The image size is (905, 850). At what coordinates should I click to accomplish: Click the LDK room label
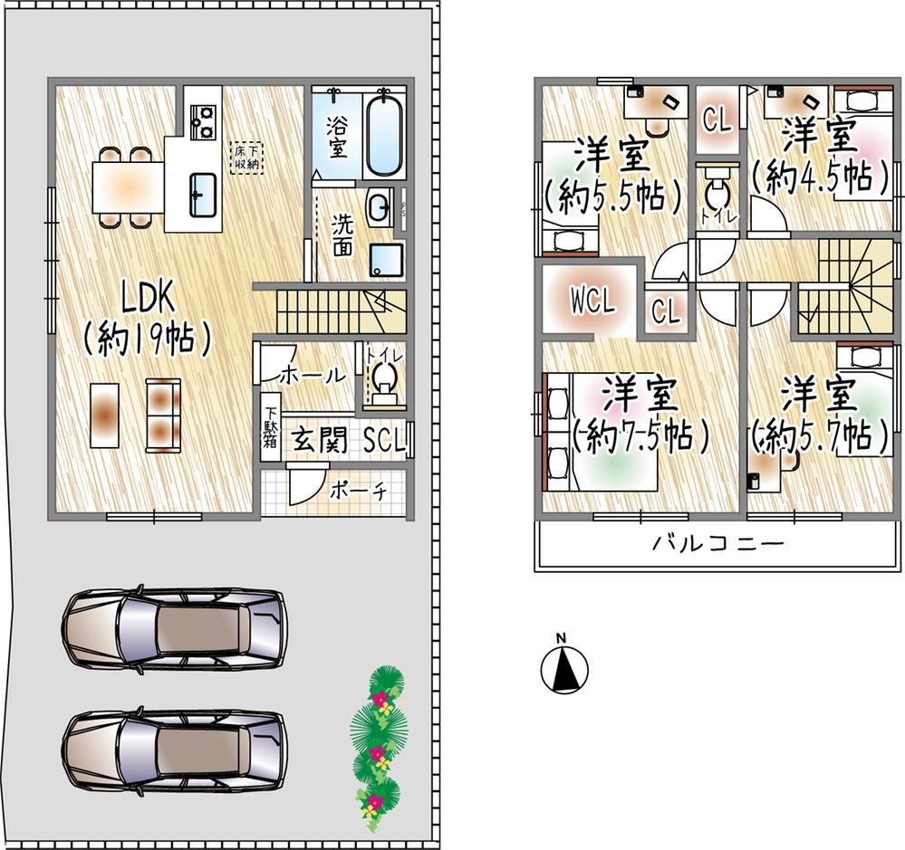pyautogui.click(x=147, y=298)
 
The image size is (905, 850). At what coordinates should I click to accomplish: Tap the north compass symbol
pyautogui.click(x=564, y=665)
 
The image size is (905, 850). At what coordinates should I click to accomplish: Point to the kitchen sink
pyautogui.click(x=202, y=195)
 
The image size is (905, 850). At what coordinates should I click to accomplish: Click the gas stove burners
pyautogui.click(x=203, y=121)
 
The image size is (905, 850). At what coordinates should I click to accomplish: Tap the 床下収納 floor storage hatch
pyautogui.click(x=246, y=158)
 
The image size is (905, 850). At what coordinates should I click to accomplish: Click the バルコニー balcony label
pyautogui.click(x=718, y=543)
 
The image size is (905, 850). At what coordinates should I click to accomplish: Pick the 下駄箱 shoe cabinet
pyautogui.click(x=270, y=426)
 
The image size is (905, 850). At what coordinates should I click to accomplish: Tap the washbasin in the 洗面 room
pyautogui.click(x=380, y=205)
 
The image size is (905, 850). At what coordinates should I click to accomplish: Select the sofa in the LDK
pyautogui.click(x=163, y=414)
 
